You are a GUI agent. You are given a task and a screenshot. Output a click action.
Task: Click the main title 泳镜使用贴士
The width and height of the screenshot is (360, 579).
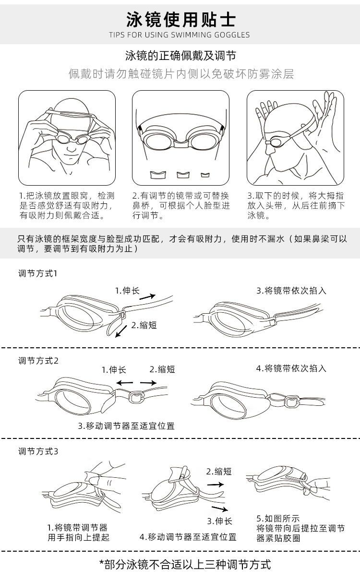pos(181,20)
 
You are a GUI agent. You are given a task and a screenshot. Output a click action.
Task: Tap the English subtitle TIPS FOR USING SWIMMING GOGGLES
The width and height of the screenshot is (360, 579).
pos(180,35)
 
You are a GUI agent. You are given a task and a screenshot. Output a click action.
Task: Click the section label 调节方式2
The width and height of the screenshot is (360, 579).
pos(38,360)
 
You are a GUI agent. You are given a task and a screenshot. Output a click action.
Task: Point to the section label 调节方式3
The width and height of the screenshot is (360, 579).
pos(38,451)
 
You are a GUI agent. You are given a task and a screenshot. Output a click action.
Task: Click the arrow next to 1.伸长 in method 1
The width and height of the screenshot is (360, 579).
pos(147,296)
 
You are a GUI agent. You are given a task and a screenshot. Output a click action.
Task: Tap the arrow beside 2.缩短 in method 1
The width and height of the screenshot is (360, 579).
pos(123,329)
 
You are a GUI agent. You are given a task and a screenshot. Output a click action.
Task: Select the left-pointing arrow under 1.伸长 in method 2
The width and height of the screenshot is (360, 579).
pos(124,383)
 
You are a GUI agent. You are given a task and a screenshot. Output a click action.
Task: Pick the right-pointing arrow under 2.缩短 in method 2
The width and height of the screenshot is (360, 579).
pos(148,383)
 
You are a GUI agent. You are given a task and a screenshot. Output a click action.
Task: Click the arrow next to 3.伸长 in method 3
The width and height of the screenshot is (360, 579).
pos(220,508)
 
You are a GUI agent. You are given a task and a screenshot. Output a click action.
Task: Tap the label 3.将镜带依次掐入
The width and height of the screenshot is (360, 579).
pos(291,291)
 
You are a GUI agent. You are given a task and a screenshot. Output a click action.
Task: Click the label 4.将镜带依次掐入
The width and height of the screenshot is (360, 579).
pos(291,368)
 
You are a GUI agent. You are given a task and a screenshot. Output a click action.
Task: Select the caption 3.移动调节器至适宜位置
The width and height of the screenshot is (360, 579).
pos(126,425)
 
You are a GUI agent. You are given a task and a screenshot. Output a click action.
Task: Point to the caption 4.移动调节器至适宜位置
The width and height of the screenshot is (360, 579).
pos(188,537)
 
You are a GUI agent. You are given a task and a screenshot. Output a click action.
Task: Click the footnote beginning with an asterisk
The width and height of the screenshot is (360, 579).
pos(185,564)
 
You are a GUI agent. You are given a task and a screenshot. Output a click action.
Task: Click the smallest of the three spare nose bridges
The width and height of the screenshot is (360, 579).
pos(205,174)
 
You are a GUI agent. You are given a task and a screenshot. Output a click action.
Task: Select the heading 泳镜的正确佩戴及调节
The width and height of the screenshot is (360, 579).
pos(180,56)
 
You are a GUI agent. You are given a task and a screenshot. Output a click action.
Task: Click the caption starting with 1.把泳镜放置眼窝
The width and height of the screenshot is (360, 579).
pos(67,206)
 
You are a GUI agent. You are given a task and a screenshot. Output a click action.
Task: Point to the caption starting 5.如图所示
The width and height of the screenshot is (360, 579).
pos(300,528)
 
